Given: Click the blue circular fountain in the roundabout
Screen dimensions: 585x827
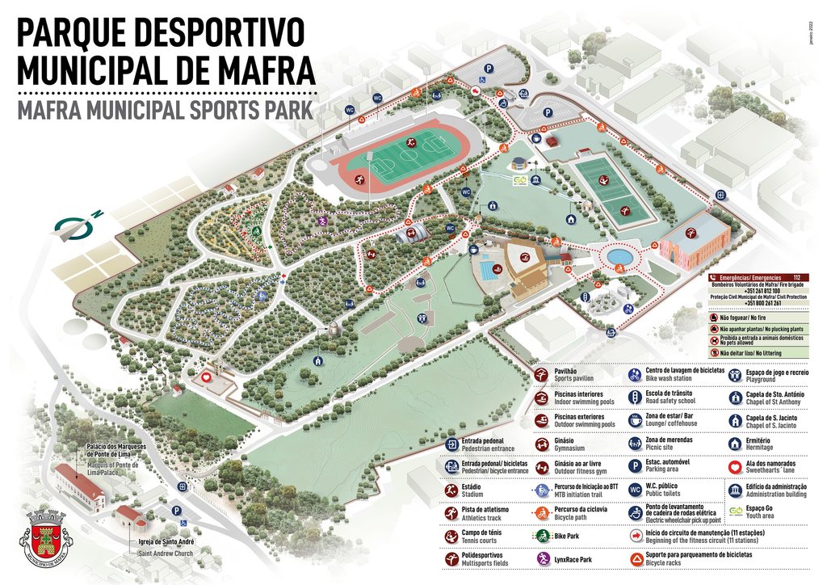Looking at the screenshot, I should pos(619,256).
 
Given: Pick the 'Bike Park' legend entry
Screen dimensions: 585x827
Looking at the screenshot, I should pos(570,536).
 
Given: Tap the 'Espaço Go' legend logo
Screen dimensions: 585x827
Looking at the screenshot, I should pos(736,512).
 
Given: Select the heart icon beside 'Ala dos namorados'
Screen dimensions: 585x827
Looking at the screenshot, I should pos(736,466).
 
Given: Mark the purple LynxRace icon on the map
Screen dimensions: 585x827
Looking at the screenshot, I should pos(321,221).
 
